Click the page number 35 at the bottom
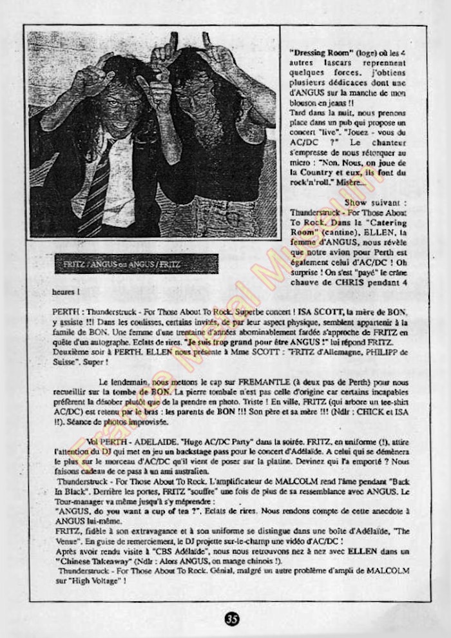(x=233, y=619)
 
